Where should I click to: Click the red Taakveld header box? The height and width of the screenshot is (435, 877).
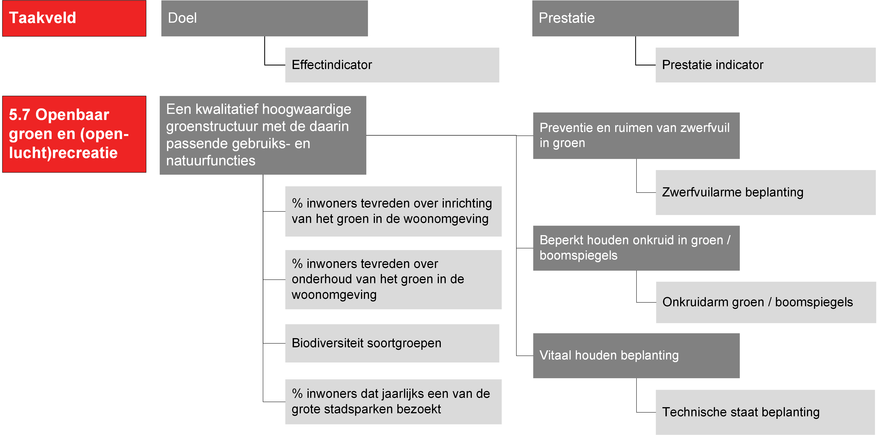74,18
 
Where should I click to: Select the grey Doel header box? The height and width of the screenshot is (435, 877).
264,18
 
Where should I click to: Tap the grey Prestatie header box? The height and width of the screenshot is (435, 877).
635,18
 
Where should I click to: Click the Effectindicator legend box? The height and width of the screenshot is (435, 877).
392,65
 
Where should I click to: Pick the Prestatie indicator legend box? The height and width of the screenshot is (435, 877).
766,65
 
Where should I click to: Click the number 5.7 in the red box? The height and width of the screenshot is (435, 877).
19,115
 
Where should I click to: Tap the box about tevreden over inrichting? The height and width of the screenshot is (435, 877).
393,211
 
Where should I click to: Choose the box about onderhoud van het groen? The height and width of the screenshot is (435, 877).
393,280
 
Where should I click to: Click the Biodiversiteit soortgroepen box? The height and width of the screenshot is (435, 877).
392,343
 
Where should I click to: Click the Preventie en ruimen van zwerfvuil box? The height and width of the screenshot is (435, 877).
636,136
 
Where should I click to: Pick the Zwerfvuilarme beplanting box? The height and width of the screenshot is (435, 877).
766,193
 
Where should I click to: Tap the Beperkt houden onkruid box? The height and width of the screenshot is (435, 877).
636,248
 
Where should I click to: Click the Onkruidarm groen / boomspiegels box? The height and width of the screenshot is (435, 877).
766,302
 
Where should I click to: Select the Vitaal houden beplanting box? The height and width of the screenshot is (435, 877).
636,355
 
